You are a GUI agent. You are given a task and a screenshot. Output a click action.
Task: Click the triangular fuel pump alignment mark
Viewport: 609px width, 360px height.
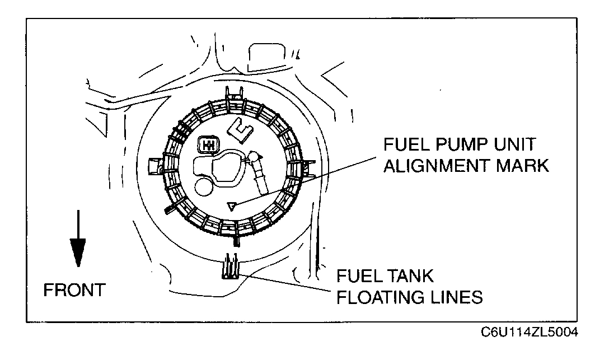[x=230, y=207]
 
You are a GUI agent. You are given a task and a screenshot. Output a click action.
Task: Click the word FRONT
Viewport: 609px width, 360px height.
[x=74, y=291]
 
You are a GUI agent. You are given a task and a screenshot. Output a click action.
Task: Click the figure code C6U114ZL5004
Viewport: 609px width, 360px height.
[x=530, y=333]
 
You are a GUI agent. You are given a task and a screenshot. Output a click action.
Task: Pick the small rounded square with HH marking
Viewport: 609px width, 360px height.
[x=208, y=145]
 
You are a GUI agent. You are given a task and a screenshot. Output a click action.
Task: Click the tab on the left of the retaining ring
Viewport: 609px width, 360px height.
[x=153, y=166]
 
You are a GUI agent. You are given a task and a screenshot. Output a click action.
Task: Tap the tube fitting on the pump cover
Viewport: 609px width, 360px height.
[x=259, y=170]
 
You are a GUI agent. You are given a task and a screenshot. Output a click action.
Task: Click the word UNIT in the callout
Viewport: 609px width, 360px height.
[x=514, y=145]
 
